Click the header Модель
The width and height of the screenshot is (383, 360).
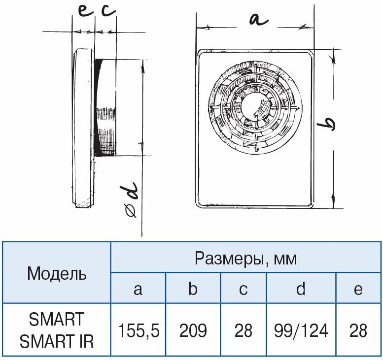click(x=57, y=273)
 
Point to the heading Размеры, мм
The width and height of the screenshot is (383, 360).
click(x=246, y=258)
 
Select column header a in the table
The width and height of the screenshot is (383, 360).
click(x=138, y=289)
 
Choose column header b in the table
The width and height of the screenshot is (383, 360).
click(x=193, y=289)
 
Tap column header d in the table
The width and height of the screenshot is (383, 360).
click(x=301, y=289)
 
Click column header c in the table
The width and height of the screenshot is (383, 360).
click(x=243, y=289)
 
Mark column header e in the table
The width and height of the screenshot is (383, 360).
click(x=358, y=289)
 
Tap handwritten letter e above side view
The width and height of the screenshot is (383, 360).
click(x=85, y=11)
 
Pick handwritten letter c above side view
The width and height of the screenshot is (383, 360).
click(x=108, y=11)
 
